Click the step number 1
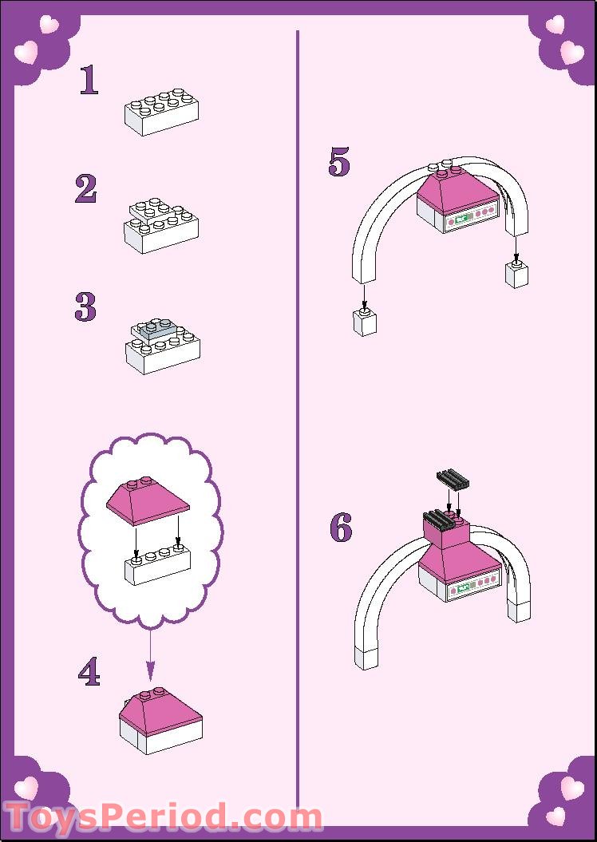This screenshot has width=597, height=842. (89, 80)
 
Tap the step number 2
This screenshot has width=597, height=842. (86, 188)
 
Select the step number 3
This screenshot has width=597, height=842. (85, 306)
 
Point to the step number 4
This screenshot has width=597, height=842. (89, 672)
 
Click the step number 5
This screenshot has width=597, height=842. (339, 162)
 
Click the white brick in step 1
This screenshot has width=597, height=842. (161, 112)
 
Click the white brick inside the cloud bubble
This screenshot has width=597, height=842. (157, 563)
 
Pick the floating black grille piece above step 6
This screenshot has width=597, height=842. (454, 480)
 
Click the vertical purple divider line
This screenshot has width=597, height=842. (297, 420)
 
